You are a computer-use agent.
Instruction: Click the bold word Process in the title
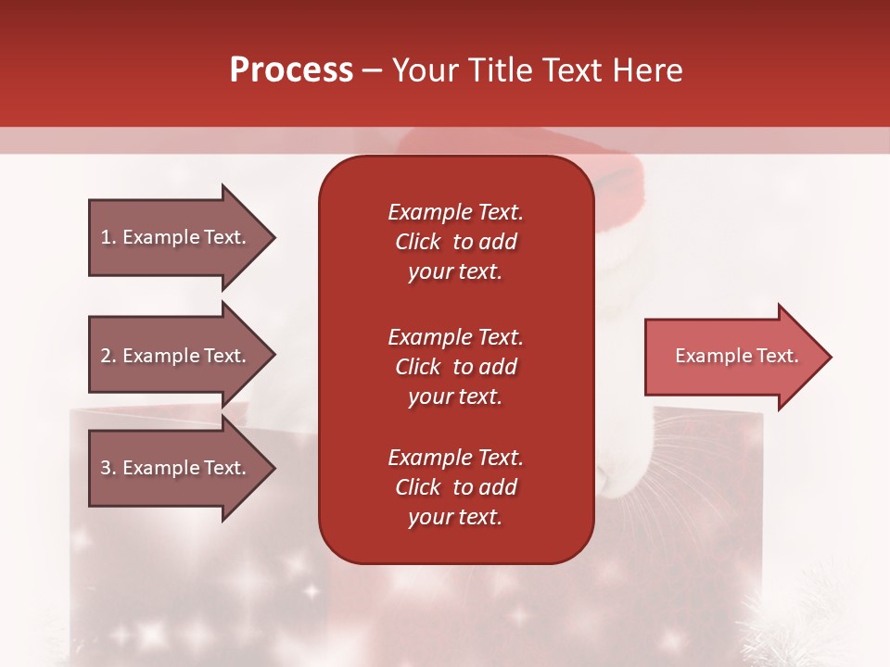pos(292,70)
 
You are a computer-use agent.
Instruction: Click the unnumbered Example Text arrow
pos(739,357)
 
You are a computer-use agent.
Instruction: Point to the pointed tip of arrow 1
pos(275,238)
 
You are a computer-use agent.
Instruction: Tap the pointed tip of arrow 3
pos(275,468)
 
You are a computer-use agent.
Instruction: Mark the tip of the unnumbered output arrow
pos(832,357)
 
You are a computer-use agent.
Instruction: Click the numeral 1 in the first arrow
pos(105,237)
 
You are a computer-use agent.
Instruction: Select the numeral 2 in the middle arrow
pos(106,356)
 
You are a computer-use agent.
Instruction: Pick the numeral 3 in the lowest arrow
pos(106,468)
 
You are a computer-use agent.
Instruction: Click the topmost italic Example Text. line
pos(456,212)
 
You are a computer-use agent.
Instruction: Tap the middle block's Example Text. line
pos(456,337)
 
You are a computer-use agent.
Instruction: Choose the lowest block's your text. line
pos(455,517)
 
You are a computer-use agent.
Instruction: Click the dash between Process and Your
pos(372,71)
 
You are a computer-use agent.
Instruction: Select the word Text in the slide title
pos(572,70)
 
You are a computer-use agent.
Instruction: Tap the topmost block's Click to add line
pos(456,242)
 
